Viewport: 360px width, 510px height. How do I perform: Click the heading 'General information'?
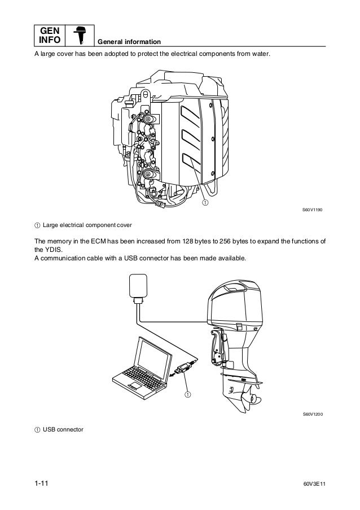click(x=130, y=43)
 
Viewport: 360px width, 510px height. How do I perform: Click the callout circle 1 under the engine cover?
click(x=205, y=202)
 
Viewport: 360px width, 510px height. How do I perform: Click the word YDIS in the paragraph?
click(x=50, y=249)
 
